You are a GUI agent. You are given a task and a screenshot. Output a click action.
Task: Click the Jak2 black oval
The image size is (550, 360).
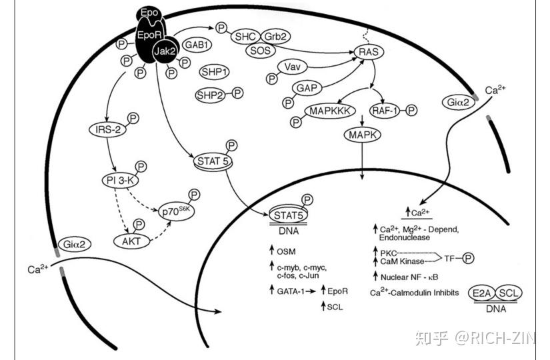[x=165, y=51]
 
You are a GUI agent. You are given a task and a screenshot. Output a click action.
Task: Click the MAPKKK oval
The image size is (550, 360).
[x=327, y=111]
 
